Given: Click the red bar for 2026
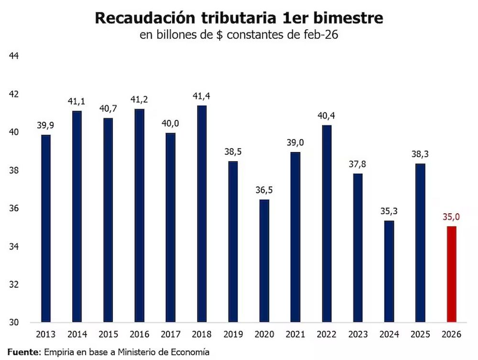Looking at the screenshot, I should click(451, 274).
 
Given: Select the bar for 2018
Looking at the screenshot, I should click(202, 214).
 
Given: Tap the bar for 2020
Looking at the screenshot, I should click(264, 261).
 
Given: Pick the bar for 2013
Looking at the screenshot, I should click(45, 229).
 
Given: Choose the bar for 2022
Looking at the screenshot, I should click(326, 223).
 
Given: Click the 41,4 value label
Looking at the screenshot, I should click(202, 97).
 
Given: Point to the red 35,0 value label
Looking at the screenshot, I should click(451, 218).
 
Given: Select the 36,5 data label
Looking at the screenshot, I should click(264, 191).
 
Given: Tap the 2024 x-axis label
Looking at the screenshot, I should click(389, 335).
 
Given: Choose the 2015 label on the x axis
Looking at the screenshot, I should click(108, 335).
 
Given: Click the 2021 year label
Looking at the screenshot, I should click(295, 335).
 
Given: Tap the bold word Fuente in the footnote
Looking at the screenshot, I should click(22, 352).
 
